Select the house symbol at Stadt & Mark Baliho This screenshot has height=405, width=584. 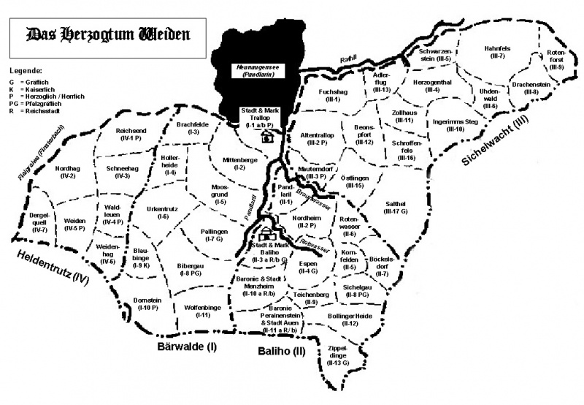pos(265,235)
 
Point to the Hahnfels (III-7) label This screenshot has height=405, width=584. pos(499,53)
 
